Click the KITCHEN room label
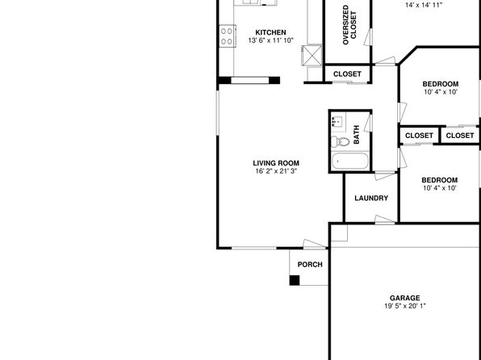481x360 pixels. [270, 32]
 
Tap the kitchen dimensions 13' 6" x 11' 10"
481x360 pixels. [271, 40]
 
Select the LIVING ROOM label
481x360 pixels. [276, 163]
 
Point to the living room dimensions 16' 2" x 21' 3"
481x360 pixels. [276, 171]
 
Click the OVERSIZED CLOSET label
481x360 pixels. [349, 25]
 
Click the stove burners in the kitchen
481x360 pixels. [227, 36]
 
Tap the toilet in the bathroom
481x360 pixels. [340, 141]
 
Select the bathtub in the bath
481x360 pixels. [349, 161]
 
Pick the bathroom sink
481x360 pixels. [338, 122]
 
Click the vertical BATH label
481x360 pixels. [357, 135]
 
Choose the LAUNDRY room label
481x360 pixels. [371, 199]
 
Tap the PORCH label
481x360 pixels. [310, 265]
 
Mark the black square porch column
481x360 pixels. [295, 281]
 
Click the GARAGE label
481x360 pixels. [405, 298]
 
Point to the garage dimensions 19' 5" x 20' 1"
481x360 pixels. [405, 306]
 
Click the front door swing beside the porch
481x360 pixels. [314, 244]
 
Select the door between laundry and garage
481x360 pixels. [385, 220]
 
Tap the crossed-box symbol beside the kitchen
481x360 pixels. [312, 56]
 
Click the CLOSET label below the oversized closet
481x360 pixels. [347, 74]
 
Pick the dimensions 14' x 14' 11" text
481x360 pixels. [424, 5]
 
